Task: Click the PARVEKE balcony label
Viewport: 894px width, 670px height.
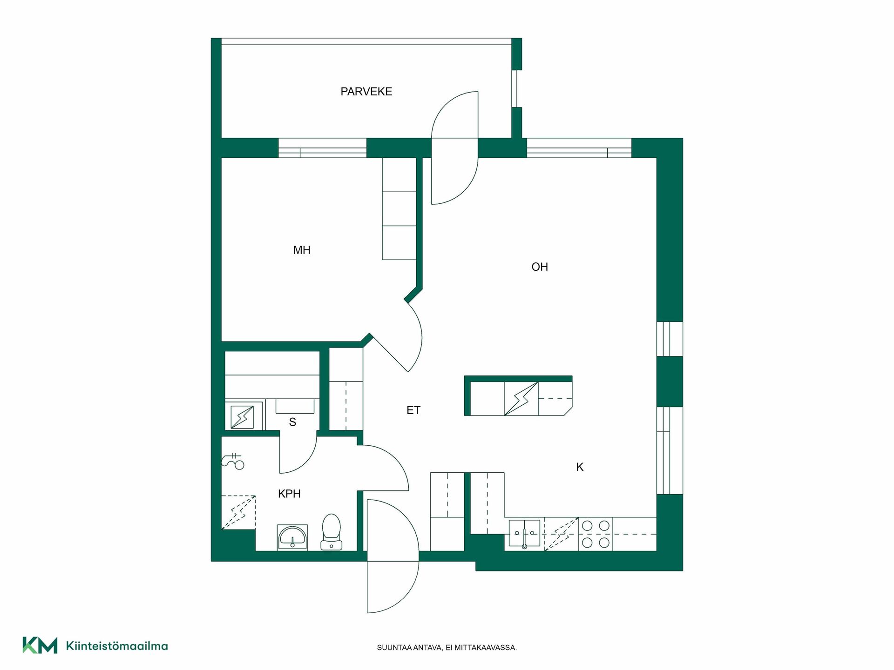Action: (x=366, y=92)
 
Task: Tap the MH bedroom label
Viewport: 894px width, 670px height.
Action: (x=302, y=250)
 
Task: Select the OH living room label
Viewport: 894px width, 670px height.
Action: (x=540, y=267)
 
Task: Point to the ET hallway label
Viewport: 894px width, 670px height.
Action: (x=413, y=410)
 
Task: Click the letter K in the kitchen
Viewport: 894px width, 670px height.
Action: (x=580, y=467)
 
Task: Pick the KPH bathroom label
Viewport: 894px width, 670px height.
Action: (x=289, y=494)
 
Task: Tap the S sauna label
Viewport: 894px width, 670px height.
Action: (x=292, y=422)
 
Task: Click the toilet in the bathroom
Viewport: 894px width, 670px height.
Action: (x=331, y=532)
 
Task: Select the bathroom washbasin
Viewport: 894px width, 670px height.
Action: (x=292, y=537)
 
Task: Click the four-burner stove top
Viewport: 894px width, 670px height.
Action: (x=596, y=534)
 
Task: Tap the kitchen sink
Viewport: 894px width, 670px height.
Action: (x=524, y=533)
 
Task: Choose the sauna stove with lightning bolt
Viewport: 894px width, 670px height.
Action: (x=242, y=417)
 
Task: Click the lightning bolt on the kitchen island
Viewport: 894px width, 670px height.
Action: (x=521, y=399)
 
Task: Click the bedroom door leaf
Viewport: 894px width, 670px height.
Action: (x=389, y=353)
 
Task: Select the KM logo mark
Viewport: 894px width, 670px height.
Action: (x=40, y=645)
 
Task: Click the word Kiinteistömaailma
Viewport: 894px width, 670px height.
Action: (x=117, y=646)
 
